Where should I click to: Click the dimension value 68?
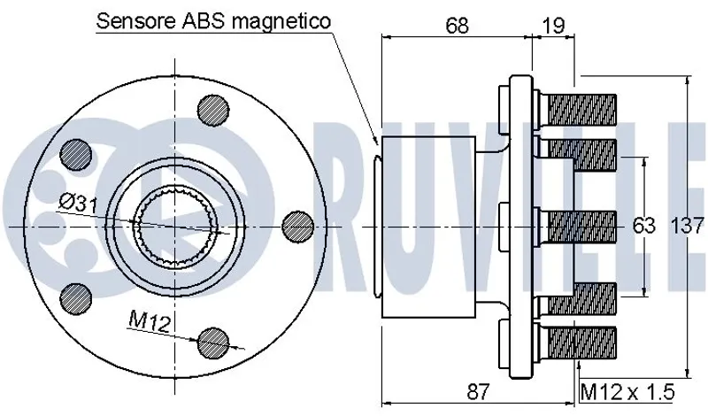click(x=457, y=26)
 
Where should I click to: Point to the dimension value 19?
click(x=552, y=26)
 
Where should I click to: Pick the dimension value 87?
click(x=477, y=391)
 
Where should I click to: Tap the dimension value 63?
click(x=643, y=226)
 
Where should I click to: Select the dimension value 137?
click(x=688, y=226)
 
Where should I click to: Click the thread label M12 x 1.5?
click(x=627, y=391)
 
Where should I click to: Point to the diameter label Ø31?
click(x=79, y=204)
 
